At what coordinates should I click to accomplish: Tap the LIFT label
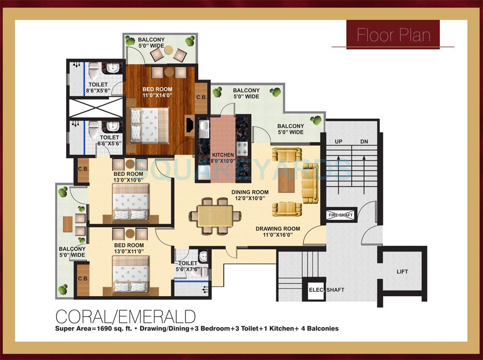tap(402, 272)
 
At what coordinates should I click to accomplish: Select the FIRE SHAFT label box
tap(341, 215)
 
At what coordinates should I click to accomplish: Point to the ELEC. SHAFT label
tap(327, 290)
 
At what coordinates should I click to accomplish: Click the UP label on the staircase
tap(338, 142)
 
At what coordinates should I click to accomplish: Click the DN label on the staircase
tap(364, 142)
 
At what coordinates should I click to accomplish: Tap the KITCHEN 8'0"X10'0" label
tap(222, 158)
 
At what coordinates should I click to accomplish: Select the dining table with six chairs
tap(215, 215)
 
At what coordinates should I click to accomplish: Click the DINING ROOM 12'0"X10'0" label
tap(250, 195)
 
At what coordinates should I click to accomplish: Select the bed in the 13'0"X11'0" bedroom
tap(130, 274)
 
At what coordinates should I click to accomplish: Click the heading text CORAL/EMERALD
tap(126, 317)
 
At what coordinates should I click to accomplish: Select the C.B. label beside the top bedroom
tap(201, 97)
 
